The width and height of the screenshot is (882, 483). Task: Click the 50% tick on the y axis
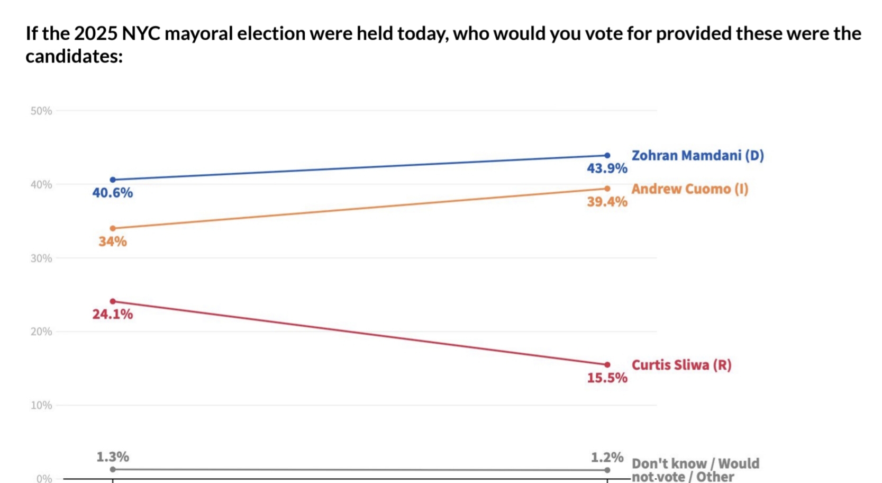41,111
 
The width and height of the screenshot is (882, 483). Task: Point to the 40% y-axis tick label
41,185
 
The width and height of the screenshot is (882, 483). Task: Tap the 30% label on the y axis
41,258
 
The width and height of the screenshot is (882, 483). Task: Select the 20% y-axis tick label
41,332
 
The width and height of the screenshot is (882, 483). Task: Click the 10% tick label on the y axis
41,406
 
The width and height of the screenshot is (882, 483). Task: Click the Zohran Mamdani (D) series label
697,156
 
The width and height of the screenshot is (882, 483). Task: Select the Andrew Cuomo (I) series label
689,189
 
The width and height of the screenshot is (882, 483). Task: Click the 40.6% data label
112,193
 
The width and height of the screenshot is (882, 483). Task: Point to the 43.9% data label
606,168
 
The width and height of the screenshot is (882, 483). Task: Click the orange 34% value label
112,242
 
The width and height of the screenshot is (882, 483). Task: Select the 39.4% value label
606,202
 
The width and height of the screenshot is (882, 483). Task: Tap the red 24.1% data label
112,315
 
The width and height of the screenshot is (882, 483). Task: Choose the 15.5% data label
606,378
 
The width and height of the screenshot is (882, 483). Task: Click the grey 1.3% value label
112,457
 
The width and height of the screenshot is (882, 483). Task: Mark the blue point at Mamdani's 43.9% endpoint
607,156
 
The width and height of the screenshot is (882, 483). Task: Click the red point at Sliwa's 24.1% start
113,301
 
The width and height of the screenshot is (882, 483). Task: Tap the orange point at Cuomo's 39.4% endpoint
607,189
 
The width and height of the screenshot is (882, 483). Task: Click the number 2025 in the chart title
96,34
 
